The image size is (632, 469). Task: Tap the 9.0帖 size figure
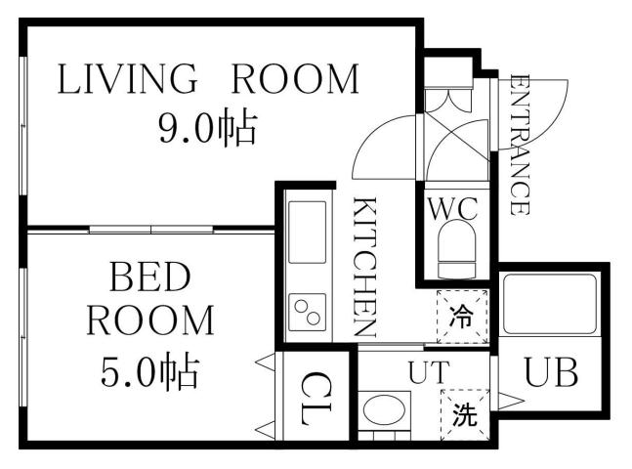point(208,128)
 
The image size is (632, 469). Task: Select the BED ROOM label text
point(149,298)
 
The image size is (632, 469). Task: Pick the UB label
point(551,372)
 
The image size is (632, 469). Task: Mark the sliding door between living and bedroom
point(151,229)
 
